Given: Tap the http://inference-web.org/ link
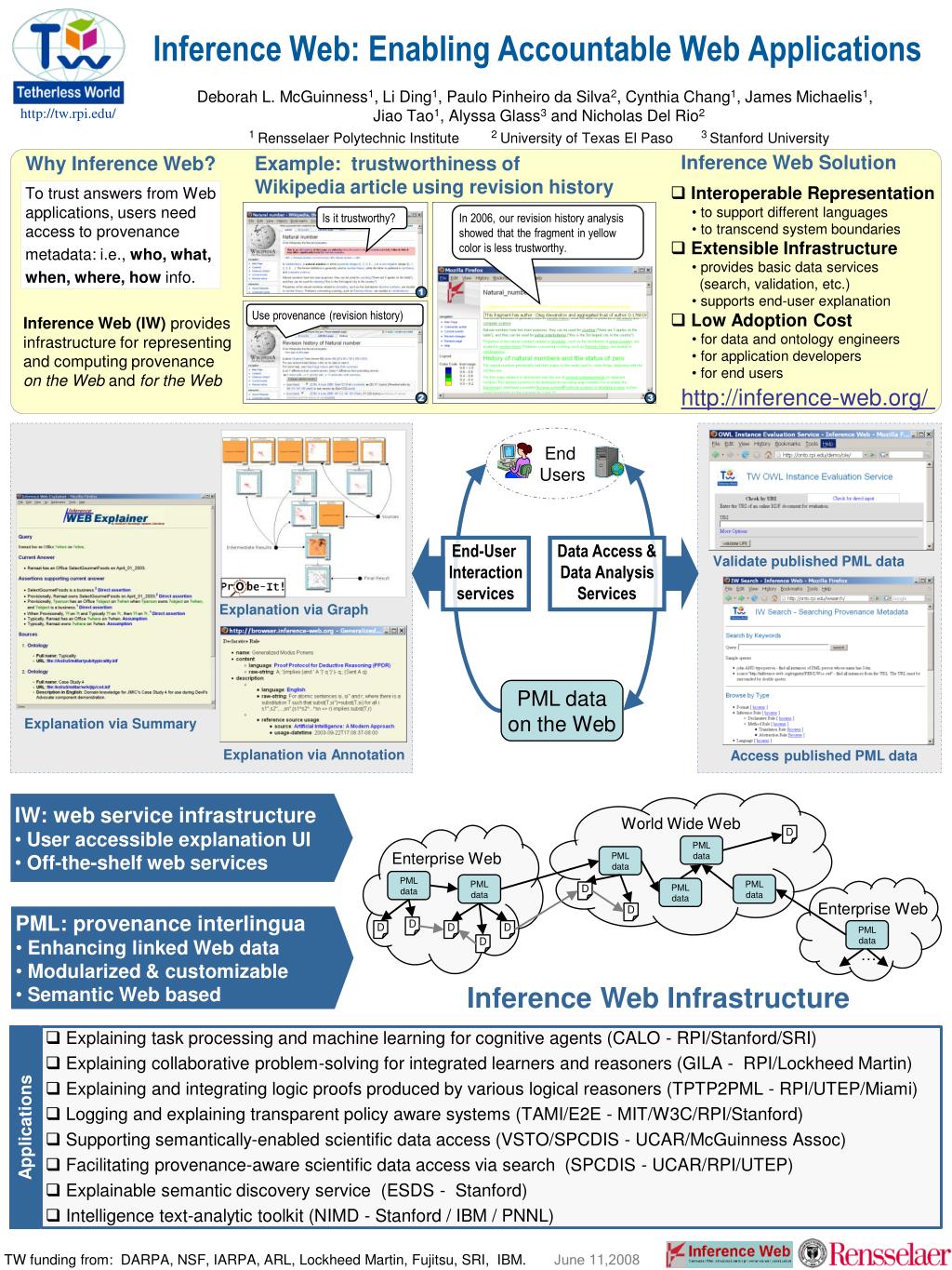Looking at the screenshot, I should pos(807,399).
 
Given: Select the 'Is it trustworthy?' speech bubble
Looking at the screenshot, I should pos(359,220).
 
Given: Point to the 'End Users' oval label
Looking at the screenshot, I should pos(560,463).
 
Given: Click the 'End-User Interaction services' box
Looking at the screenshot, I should pos(484,572).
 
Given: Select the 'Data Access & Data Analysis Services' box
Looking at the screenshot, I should pos(606,572).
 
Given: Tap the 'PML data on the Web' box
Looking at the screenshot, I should pos(562,711).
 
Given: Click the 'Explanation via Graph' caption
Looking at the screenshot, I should pos(294,609).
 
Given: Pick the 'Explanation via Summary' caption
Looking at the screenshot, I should pos(110,723).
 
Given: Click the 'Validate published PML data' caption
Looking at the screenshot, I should pos(808,561).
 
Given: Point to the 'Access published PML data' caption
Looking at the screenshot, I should pos(823,755).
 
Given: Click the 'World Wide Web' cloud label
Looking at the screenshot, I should pos(681,822).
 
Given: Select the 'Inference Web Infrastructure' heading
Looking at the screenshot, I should pos(657,997).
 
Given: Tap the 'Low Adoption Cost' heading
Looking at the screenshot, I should pos(771,320).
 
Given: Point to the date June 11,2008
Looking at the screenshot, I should pos(596,1260).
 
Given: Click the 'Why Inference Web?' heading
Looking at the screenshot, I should pos(120,165).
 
